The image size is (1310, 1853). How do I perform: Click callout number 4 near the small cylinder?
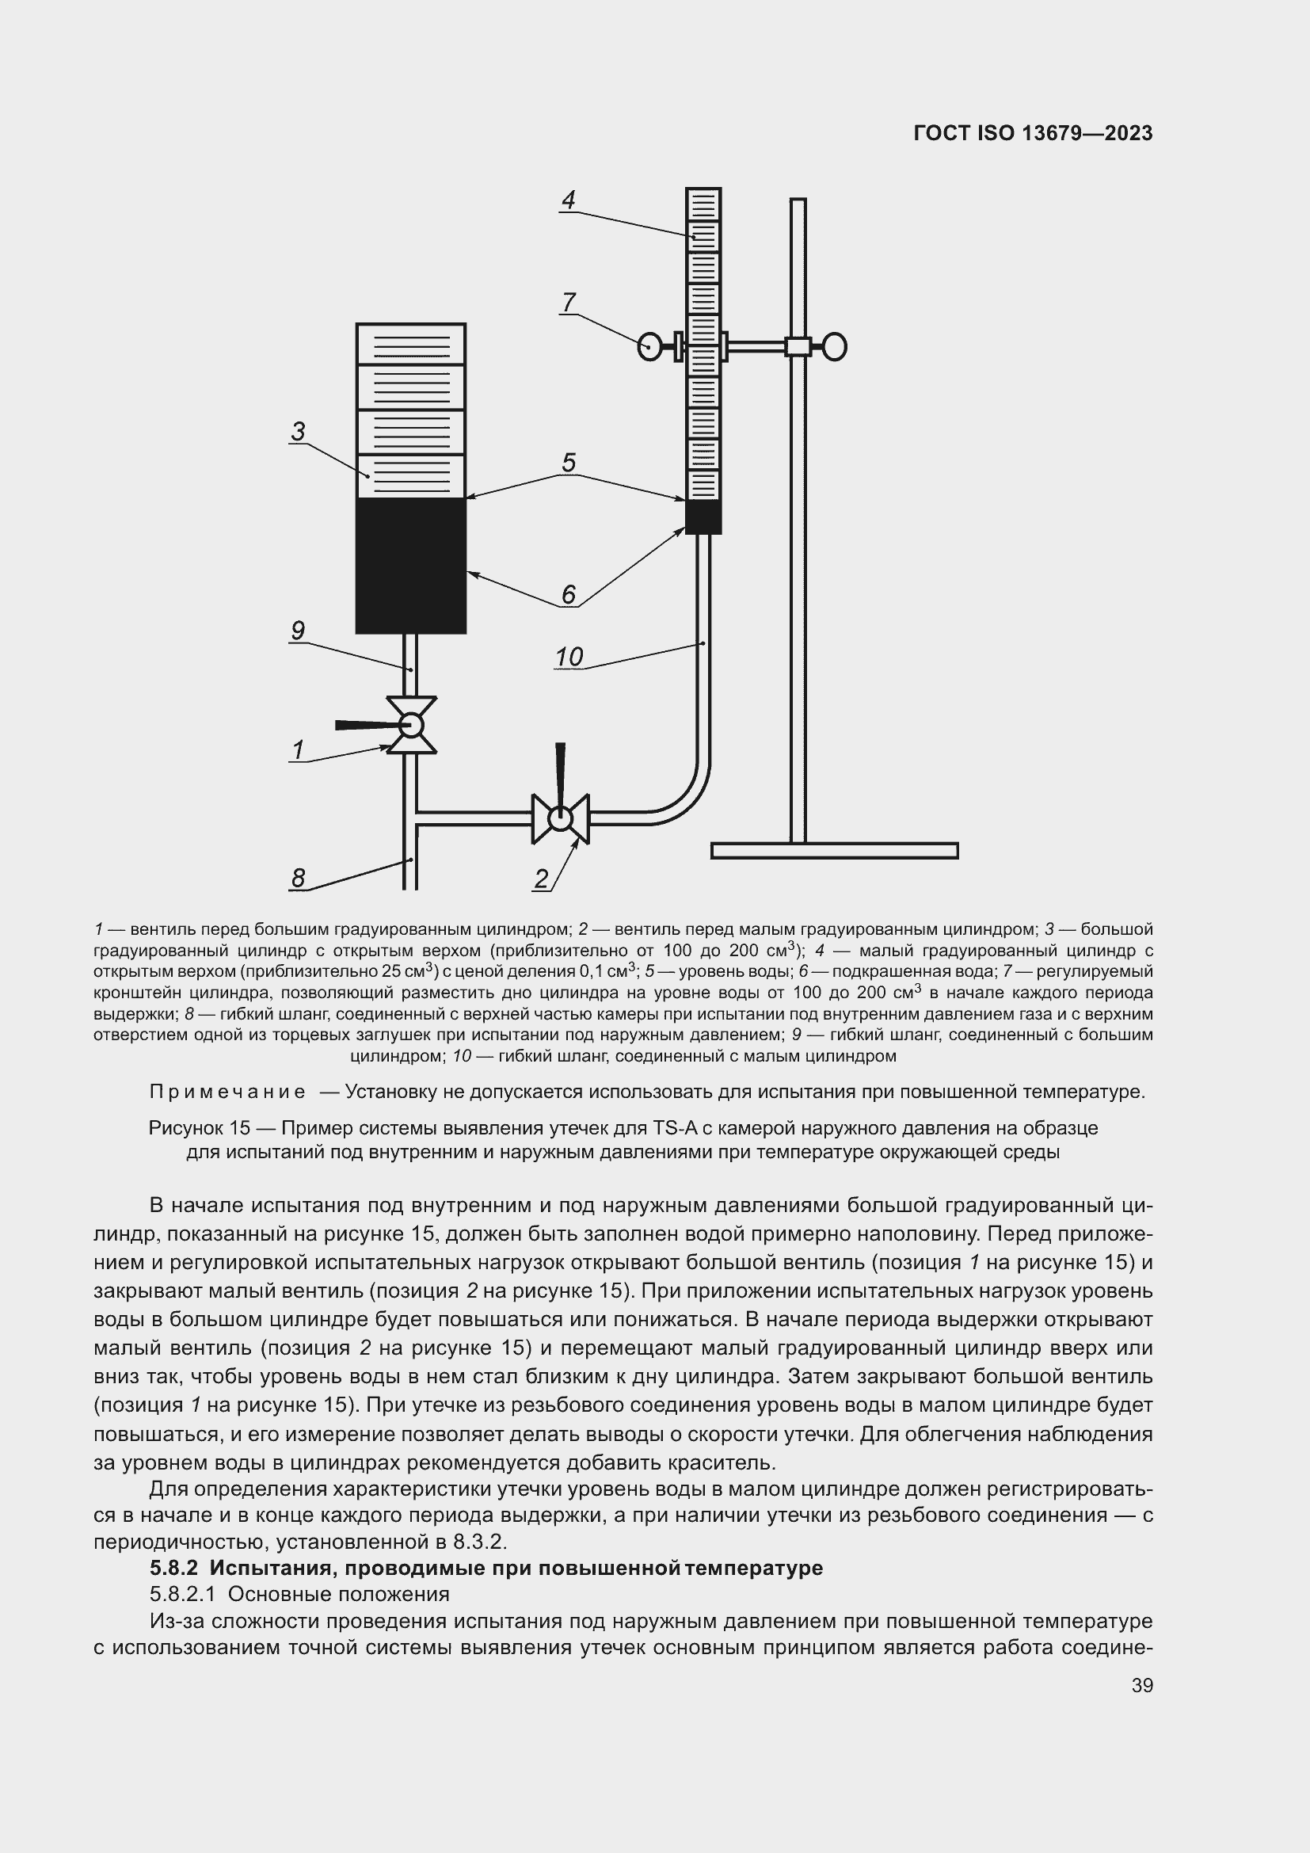coord(569,200)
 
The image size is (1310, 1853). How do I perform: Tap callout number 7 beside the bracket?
coord(569,303)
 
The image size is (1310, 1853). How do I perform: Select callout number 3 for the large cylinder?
coord(299,432)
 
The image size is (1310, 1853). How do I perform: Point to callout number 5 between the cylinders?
coord(569,463)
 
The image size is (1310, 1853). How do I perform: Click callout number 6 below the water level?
coord(569,595)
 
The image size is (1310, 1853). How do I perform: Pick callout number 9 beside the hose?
coord(298,631)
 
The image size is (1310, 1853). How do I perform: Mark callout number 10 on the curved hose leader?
coord(569,657)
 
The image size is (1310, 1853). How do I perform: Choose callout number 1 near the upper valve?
coord(298,750)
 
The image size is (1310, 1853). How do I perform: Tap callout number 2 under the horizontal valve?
coord(541,879)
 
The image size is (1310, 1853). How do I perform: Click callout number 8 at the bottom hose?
coord(299,878)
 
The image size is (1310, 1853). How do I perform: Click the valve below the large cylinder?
coord(411,725)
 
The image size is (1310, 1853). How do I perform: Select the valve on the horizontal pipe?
coord(560,818)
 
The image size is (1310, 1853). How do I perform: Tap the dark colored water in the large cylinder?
coord(410,565)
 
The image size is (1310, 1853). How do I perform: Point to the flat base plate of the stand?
coord(834,851)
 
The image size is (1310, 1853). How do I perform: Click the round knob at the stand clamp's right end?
coord(835,347)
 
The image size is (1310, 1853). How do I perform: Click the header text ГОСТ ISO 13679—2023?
coord(1033,134)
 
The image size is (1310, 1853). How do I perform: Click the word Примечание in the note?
coord(227,1092)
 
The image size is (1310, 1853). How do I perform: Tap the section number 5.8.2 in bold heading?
coord(173,1568)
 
